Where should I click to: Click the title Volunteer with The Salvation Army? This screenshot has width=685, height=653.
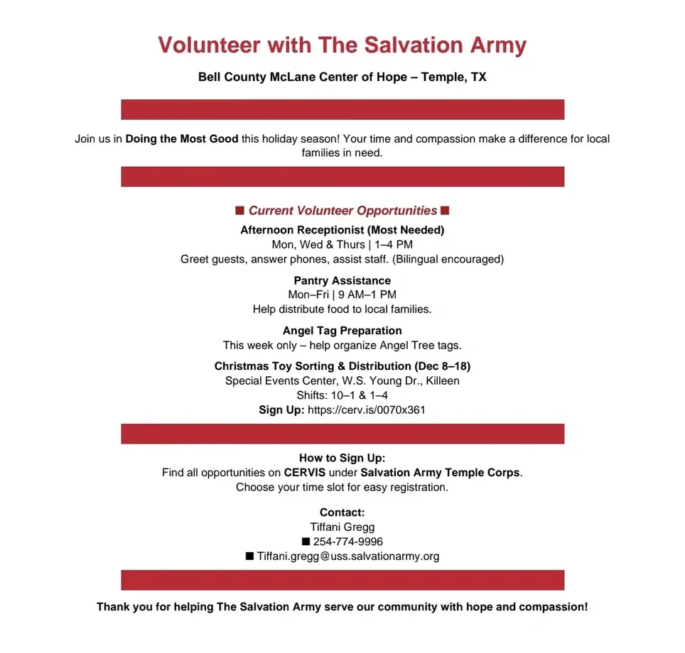[342, 45]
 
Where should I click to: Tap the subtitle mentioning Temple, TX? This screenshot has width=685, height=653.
[342, 77]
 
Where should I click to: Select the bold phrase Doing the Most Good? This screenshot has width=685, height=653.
[182, 139]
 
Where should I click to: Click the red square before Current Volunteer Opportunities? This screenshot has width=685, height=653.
[240, 211]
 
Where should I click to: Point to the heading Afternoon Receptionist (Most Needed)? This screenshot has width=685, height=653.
[342, 230]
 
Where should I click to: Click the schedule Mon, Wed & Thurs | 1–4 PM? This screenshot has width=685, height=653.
[342, 245]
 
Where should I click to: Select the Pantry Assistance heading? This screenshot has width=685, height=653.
[342, 280]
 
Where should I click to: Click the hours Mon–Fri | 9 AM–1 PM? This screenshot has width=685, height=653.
[342, 295]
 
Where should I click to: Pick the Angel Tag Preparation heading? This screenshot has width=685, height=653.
[342, 331]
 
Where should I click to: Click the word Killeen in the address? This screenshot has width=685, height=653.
[442, 380]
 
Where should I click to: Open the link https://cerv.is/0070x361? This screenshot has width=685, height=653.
[366, 410]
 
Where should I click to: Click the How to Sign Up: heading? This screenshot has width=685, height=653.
[342, 459]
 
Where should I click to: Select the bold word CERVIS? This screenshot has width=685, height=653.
[305, 473]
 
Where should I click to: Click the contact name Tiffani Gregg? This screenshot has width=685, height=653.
[342, 527]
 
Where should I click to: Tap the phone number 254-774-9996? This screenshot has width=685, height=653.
[348, 542]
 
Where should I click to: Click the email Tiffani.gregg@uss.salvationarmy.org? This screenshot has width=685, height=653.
[348, 556]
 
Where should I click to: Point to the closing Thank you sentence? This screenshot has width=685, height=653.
[342, 607]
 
